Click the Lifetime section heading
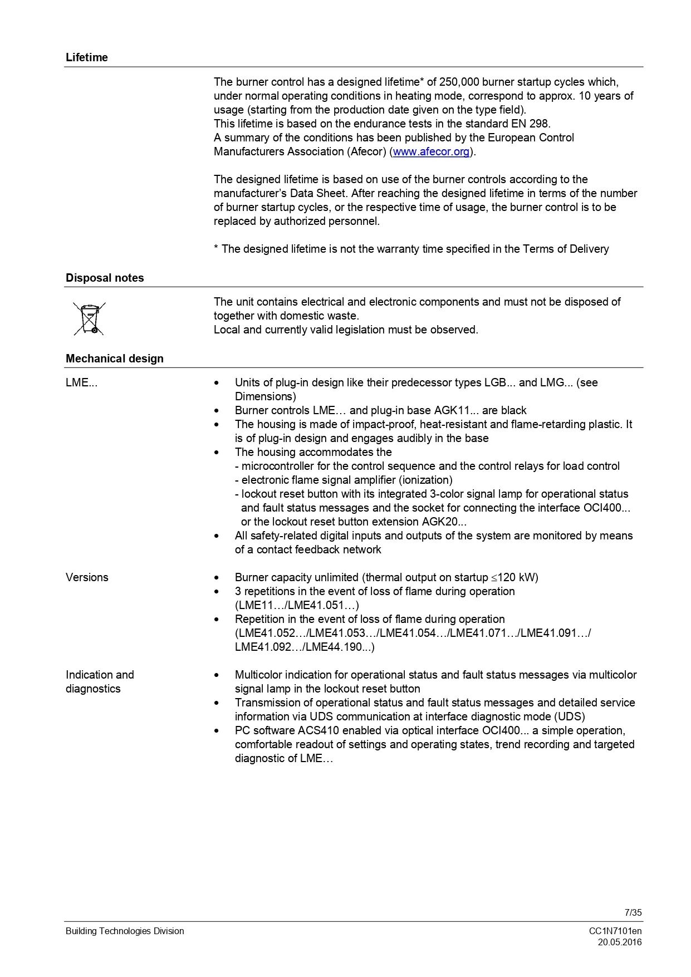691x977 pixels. pos(87,57)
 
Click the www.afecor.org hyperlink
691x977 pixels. pos(432,151)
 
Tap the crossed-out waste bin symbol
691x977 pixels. pos(89,318)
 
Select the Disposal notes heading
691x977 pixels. pos(105,278)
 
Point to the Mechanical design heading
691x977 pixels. pos(115,359)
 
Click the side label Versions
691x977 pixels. pos(87,577)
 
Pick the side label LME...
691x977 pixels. pos(81,382)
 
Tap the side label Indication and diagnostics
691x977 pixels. pos(100,681)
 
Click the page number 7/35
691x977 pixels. pos(633,912)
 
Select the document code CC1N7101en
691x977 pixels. pos(615,931)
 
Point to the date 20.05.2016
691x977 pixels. pos(620,942)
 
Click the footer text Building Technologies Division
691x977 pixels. pos(125,931)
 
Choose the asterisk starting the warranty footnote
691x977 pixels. pos(216,248)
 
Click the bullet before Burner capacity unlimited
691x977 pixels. pos(217,578)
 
